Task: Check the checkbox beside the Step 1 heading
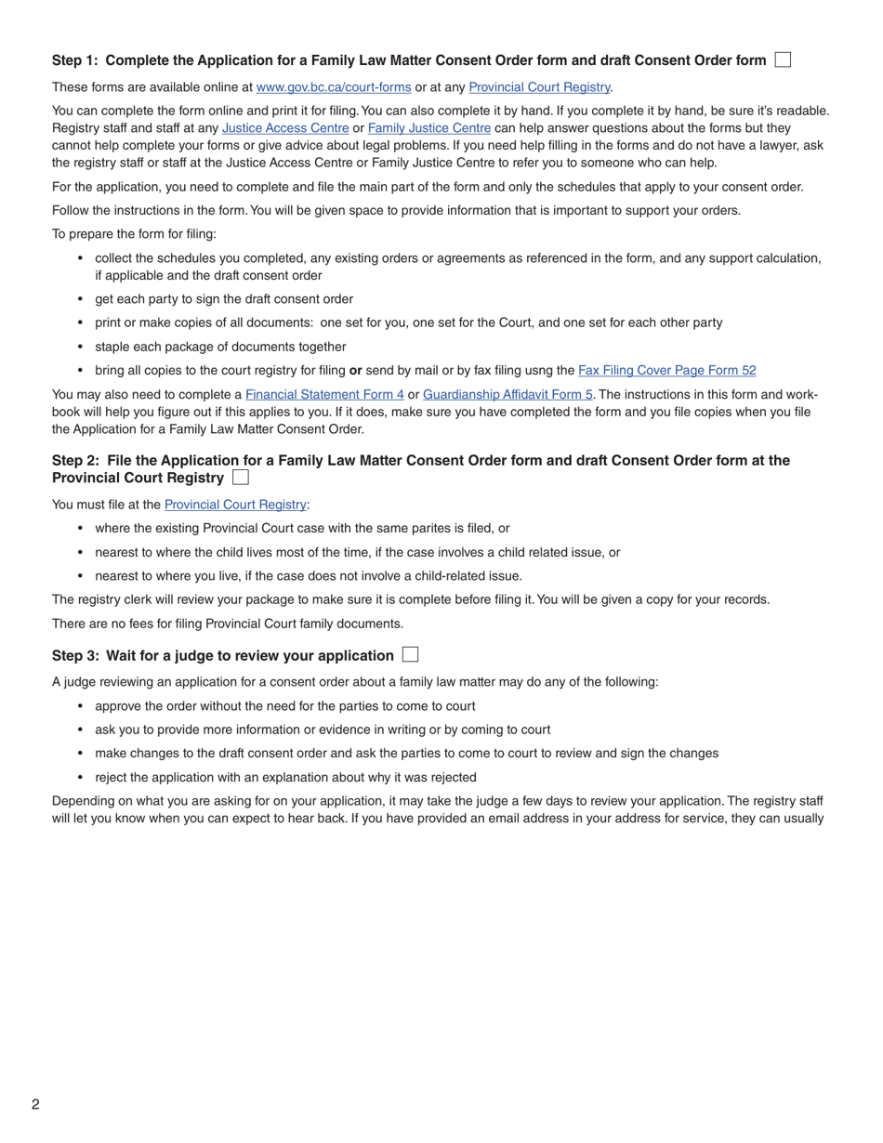click(783, 59)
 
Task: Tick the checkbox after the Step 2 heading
click(241, 478)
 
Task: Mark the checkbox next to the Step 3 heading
click(410, 654)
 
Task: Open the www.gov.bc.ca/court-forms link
click(333, 87)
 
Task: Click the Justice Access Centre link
click(285, 128)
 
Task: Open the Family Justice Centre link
click(429, 128)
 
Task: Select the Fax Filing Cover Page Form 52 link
click(666, 370)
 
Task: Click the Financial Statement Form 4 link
click(324, 394)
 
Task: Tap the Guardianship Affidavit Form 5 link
click(507, 394)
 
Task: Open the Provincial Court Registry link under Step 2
click(235, 505)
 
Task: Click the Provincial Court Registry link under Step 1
click(539, 87)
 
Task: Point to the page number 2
click(35, 1104)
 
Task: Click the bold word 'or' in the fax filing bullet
click(355, 370)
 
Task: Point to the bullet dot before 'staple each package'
click(81, 347)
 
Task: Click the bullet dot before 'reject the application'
click(81, 777)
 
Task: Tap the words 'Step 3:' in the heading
click(75, 655)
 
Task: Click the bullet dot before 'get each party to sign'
click(81, 299)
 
